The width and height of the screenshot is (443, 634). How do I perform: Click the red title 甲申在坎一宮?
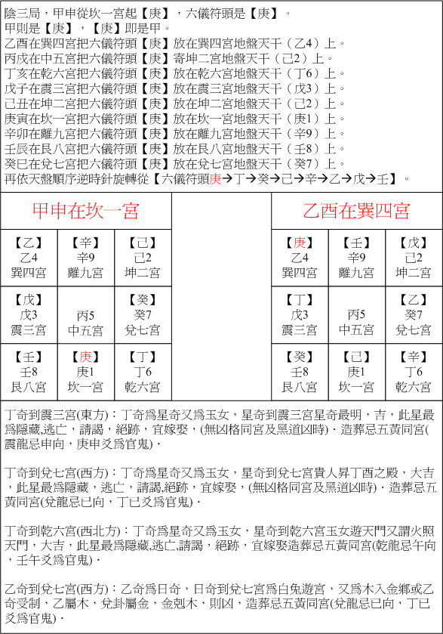pyautogui.click(x=86, y=211)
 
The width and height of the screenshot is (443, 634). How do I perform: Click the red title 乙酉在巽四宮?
pyautogui.click(x=357, y=211)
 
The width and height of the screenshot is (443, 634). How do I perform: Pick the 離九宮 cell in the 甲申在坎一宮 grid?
pyautogui.click(x=86, y=258)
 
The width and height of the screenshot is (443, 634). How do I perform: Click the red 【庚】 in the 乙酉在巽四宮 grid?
pyautogui.click(x=300, y=243)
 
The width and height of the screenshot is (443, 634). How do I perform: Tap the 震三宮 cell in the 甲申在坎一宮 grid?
pyautogui.click(x=29, y=315)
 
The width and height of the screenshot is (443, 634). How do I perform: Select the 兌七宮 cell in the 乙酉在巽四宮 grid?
pyautogui.click(x=414, y=315)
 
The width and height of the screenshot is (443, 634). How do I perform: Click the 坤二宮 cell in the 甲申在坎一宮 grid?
pyautogui.click(x=143, y=258)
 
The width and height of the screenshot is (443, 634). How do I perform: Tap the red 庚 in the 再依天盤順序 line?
pyautogui.click(x=215, y=178)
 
